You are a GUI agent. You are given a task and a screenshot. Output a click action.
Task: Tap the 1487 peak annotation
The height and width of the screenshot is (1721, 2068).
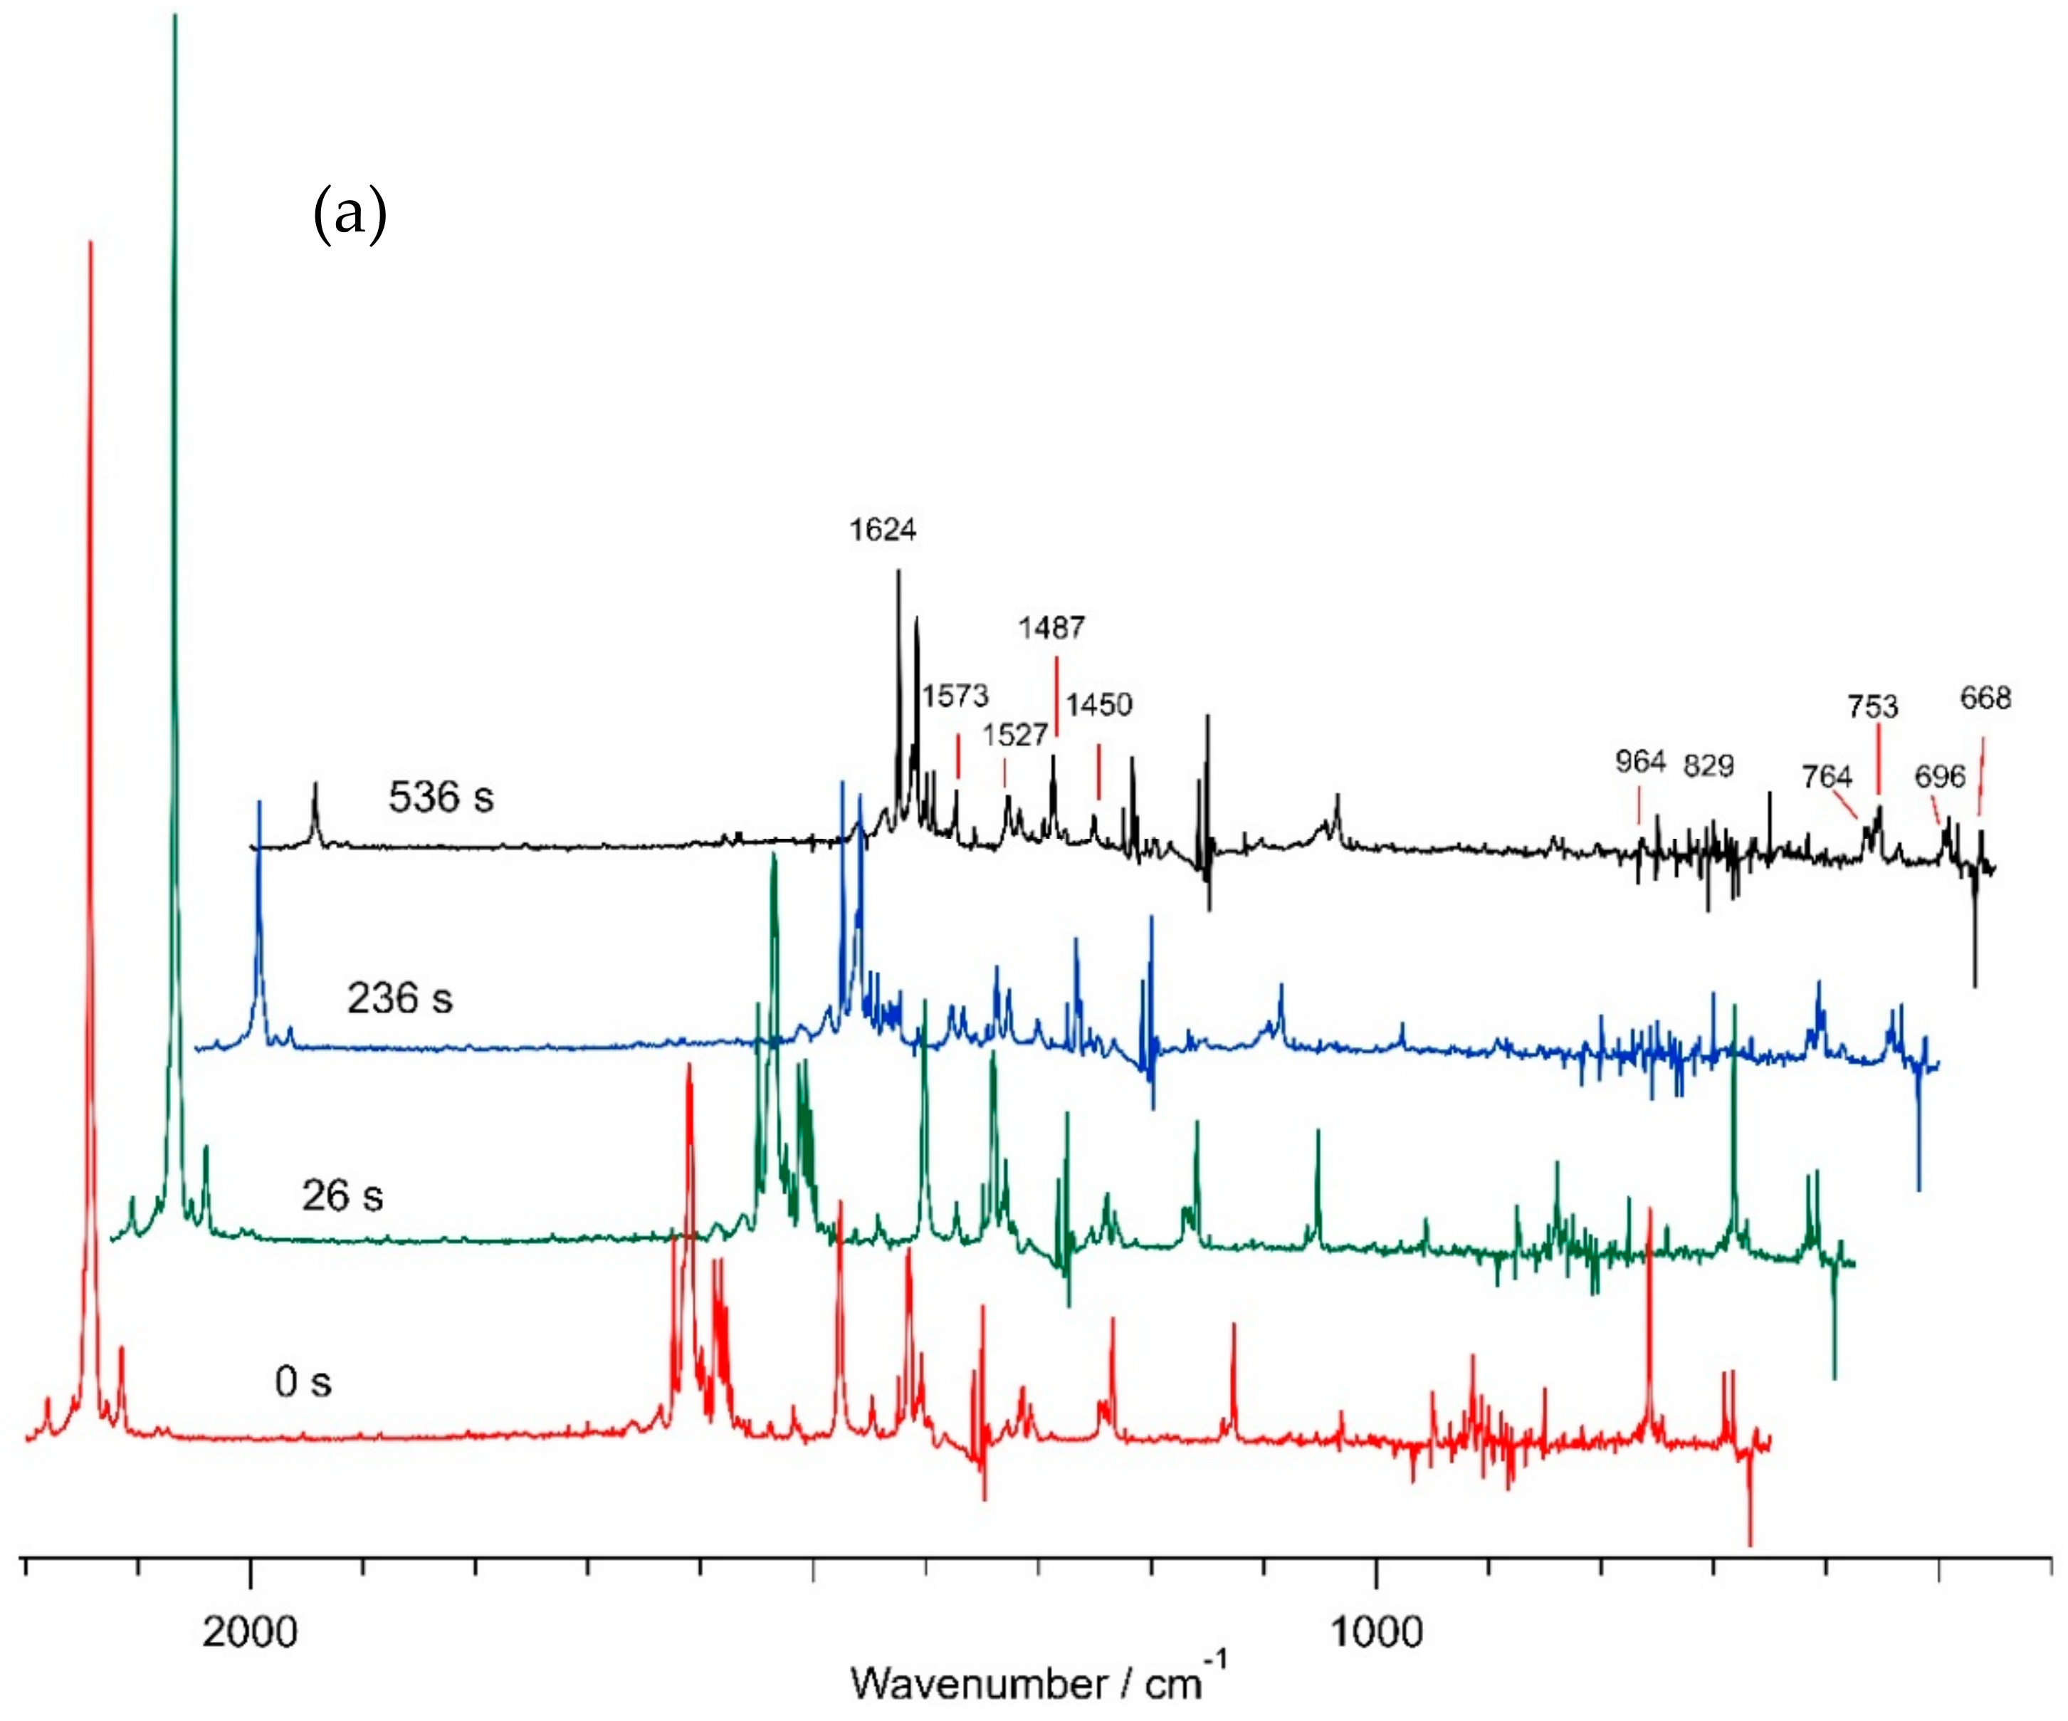[x=1051, y=627]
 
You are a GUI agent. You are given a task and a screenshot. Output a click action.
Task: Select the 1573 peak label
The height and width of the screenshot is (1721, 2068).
[x=954, y=696]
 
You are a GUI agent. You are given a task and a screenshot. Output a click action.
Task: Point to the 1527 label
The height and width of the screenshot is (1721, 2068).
[x=1014, y=734]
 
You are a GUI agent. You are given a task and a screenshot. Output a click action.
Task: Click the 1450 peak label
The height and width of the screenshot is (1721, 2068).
[x=1099, y=704]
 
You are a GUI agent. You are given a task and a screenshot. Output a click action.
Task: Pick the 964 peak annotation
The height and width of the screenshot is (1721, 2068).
[x=1639, y=761]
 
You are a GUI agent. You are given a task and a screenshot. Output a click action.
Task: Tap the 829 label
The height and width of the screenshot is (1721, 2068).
[x=1708, y=765]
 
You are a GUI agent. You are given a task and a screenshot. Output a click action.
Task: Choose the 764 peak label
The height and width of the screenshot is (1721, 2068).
[x=1827, y=778]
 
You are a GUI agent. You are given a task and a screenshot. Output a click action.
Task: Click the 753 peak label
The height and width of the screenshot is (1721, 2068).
[x=1872, y=706]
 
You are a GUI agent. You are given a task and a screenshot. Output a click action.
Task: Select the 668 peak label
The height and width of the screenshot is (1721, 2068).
[x=1984, y=699]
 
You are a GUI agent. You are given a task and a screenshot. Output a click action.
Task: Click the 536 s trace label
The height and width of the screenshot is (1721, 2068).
[x=440, y=797]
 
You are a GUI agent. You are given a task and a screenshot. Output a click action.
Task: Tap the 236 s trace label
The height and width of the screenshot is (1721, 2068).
[x=399, y=998]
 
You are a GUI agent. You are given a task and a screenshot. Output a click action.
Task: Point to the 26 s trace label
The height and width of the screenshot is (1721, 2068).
[x=342, y=1196]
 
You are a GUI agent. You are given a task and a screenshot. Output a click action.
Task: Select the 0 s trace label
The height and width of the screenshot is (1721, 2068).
[x=303, y=1382]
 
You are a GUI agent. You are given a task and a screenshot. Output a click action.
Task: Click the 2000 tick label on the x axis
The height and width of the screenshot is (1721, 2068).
[x=250, y=1632]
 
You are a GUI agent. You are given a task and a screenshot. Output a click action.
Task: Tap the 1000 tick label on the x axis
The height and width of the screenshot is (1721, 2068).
[x=1376, y=1632]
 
